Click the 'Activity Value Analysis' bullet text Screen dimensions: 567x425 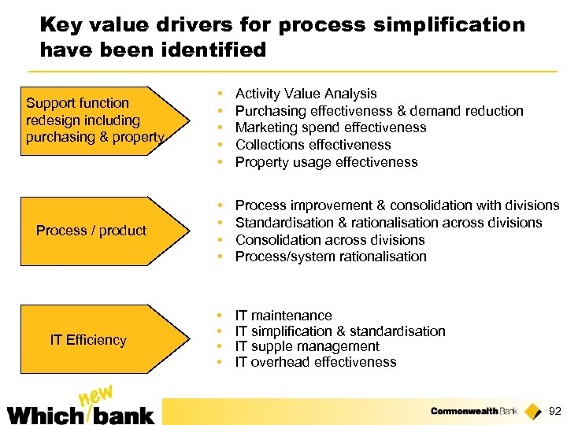(x=306, y=94)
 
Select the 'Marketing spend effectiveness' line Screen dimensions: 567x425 (x=331, y=128)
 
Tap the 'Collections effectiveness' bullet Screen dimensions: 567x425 (x=313, y=145)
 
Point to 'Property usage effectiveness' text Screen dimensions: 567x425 (x=326, y=162)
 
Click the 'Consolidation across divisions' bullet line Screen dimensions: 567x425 (x=330, y=240)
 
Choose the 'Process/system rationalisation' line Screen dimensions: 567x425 (x=331, y=257)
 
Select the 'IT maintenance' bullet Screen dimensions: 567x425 (x=283, y=316)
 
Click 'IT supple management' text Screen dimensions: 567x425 (x=307, y=346)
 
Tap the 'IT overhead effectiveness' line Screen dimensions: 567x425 (x=316, y=362)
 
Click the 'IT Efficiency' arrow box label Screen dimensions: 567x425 (x=88, y=340)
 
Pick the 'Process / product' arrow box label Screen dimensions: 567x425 (x=91, y=231)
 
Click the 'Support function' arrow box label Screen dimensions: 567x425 (x=77, y=103)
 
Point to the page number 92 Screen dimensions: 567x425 (x=554, y=411)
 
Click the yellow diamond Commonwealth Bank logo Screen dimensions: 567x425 (x=533, y=410)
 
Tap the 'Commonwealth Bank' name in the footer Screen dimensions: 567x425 (x=474, y=411)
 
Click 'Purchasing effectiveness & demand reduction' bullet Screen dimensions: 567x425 (x=379, y=111)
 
